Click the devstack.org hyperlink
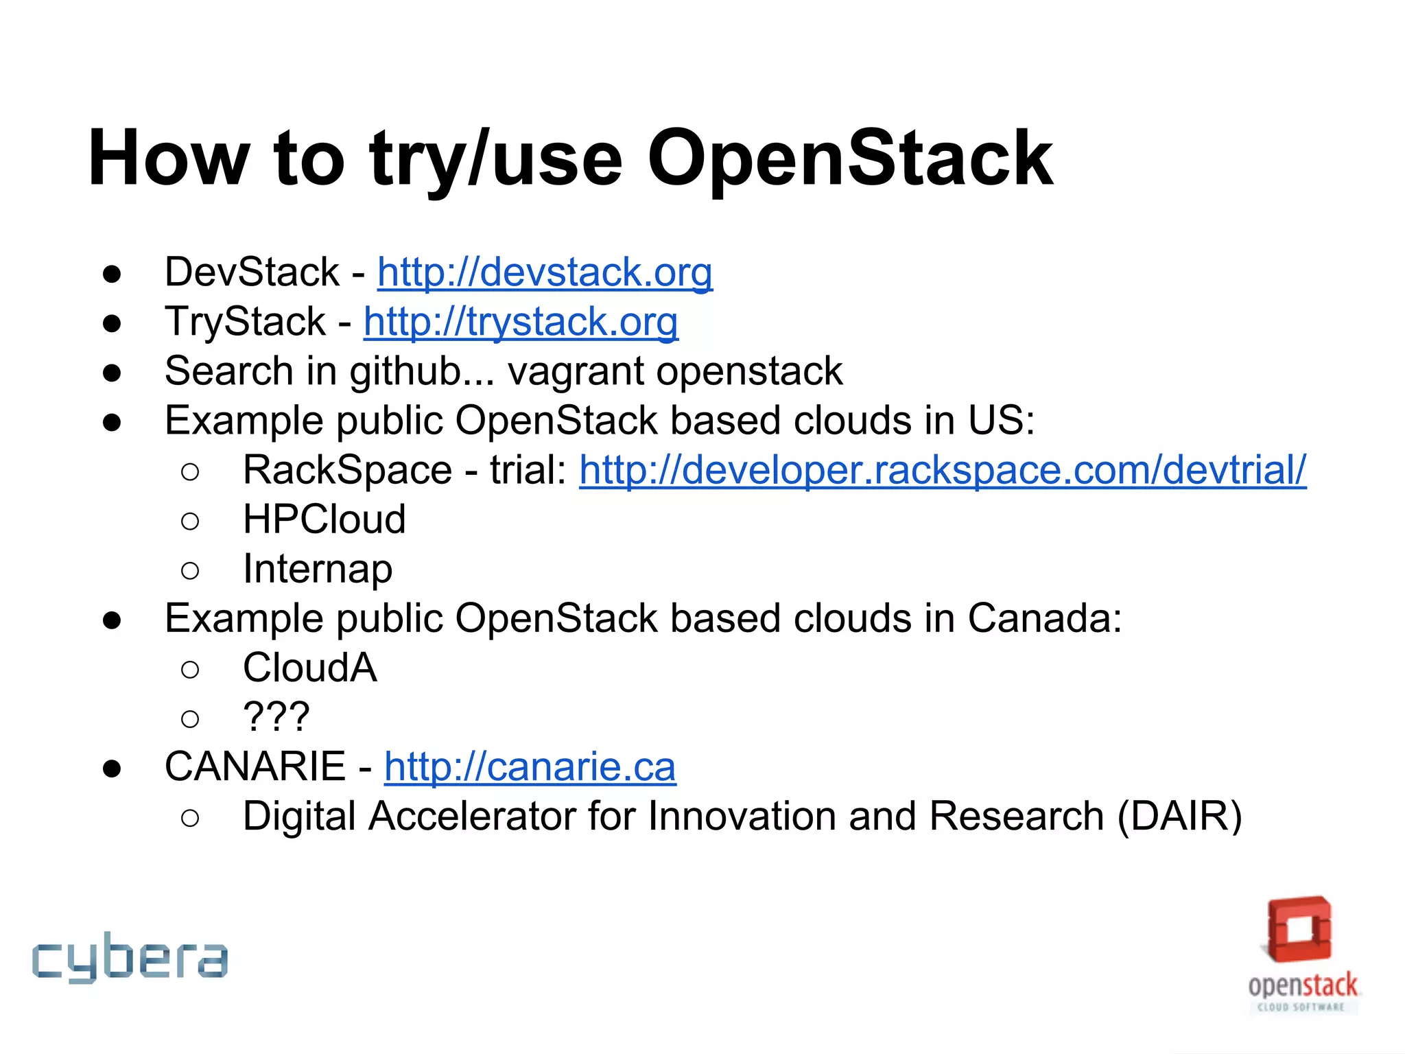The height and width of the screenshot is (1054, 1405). (x=545, y=272)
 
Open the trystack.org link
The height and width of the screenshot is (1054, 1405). (x=521, y=322)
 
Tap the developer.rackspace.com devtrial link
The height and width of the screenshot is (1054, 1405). (x=943, y=470)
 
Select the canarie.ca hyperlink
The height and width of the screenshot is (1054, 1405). (x=530, y=766)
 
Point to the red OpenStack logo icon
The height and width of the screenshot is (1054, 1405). (x=1299, y=930)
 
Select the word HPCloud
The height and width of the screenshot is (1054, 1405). (x=324, y=519)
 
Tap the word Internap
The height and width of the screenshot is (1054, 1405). (x=318, y=570)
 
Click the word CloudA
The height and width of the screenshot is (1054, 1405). (x=310, y=668)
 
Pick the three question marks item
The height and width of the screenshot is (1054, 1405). (x=276, y=717)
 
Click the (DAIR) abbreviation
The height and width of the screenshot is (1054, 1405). (x=1179, y=817)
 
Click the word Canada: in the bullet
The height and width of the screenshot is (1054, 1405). (x=1045, y=618)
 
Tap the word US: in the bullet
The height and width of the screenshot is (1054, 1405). (x=1001, y=421)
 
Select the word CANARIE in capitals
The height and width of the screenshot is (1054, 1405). (x=255, y=766)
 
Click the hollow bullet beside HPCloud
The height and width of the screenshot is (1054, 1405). (x=190, y=521)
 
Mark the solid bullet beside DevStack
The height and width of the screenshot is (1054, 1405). (x=112, y=274)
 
